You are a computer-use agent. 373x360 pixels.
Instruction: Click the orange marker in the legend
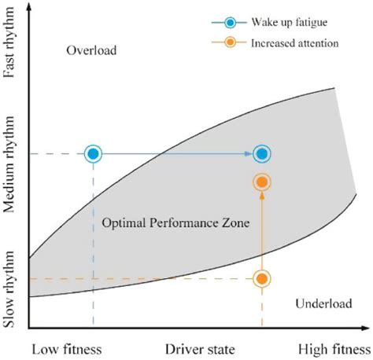pos(229,43)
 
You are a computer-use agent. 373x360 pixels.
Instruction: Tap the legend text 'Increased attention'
pos(294,43)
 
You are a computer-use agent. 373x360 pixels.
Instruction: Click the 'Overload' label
pos(91,51)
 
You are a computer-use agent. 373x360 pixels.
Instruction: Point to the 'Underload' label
pos(321,303)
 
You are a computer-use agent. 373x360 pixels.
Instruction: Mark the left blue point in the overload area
pos(93,153)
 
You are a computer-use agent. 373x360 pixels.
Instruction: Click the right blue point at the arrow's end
pos(262,153)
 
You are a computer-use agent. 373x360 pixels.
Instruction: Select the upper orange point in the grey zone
pos(262,182)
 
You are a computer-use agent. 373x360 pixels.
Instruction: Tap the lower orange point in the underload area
pos(262,279)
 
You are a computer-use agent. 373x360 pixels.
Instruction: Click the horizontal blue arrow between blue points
pos(177,153)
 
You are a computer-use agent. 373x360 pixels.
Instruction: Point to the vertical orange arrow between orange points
pos(262,232)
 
